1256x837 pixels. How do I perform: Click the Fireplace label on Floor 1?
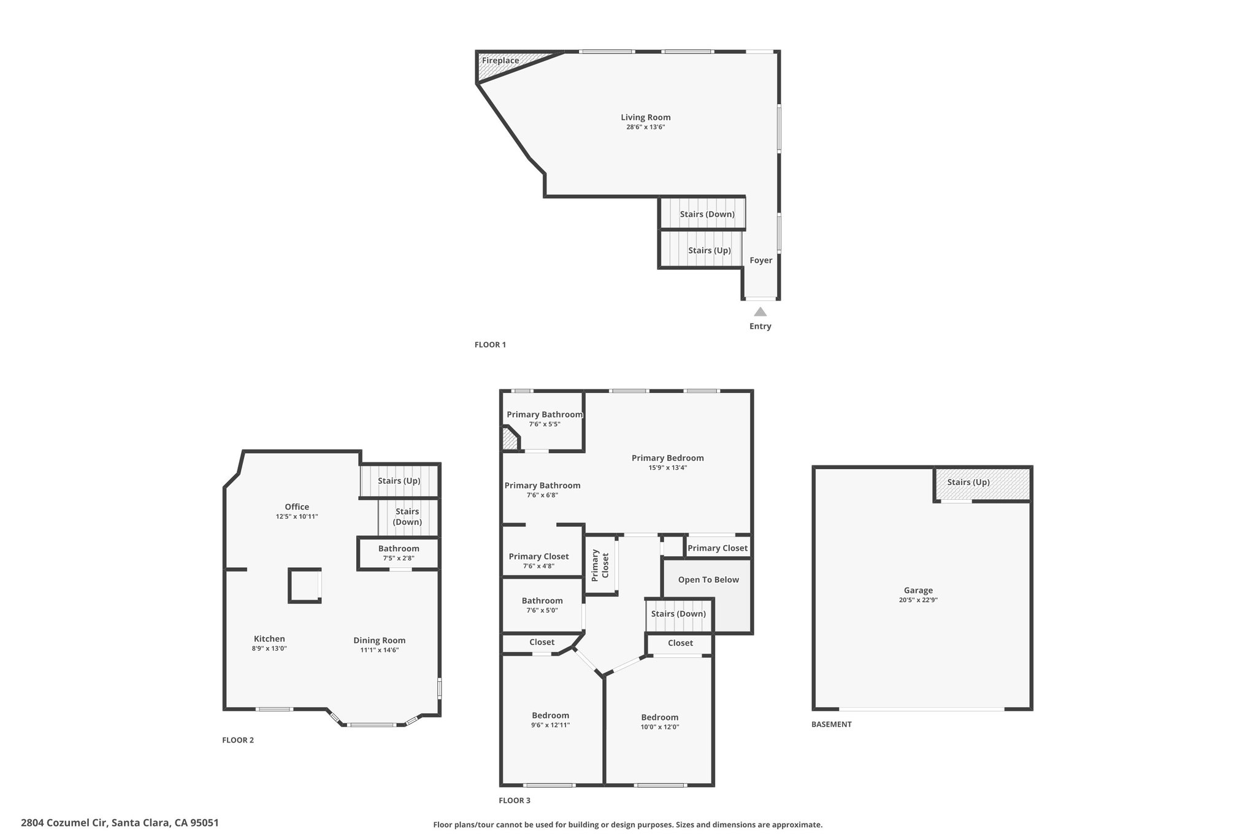pyautogui.click(x=500, y=61)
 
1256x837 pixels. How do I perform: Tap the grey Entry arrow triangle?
pyautogui.click(x=760, y=311)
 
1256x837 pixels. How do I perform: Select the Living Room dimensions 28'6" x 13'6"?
pyautogui.click(x=646, y=128)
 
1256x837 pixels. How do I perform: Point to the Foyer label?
pyautogui.click(x=761, y=260)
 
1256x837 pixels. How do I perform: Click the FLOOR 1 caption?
pyautogui.click(x=490, y=345)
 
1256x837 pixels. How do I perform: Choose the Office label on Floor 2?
pyautogui.click(x=297, y=506)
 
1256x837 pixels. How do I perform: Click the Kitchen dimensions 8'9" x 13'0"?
pyautogui.click(x=269, y=648)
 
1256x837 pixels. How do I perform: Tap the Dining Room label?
pyautogui.click(x=380, y=641)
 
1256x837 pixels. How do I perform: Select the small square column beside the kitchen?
pyautogui.click(x=305, y=586)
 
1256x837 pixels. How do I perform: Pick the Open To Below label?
pyautogui.click(x=708, y=579)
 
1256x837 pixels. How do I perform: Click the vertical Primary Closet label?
pyautogui.click(x=600, y=565)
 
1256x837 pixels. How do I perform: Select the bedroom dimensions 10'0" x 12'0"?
pyautogui.click(x=660, y=727)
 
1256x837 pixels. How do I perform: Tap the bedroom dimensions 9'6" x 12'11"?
pyautogui.click(x=551, y=725)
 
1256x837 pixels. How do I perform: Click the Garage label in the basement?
pyautogui.click(x=918, y=590)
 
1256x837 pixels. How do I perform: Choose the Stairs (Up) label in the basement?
pyautogui.click(x=968, y=482)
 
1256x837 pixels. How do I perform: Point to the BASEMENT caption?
pyautogui.click(x=832, y=724)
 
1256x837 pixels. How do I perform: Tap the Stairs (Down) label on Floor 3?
pyautogui.click(x=678, y=614)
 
